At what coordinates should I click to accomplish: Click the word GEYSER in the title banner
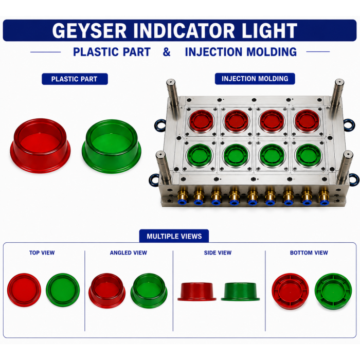click(x=89, y=30)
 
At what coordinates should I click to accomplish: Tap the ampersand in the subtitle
click(x=167, y=52)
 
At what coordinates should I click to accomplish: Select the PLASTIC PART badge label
click(x=75, y=79)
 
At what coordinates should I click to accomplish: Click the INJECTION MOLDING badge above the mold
click(x=255, y=79)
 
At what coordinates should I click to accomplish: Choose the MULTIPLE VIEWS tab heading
click(x=174, y=236)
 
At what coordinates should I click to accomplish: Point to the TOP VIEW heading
click(x=42, y=253)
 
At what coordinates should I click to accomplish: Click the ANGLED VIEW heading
click(x=129, y=253)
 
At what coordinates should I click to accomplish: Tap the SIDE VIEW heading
click(x=218, y=253)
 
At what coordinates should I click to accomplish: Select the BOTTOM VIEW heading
click(x=309, y=253)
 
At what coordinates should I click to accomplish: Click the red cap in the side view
click(x=197, y=292)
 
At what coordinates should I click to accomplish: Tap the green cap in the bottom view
click(x=333, y=291)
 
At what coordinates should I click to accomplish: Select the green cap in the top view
click(x=63, y=290)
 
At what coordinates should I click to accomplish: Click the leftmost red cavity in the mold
click(x=201, y=121)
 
